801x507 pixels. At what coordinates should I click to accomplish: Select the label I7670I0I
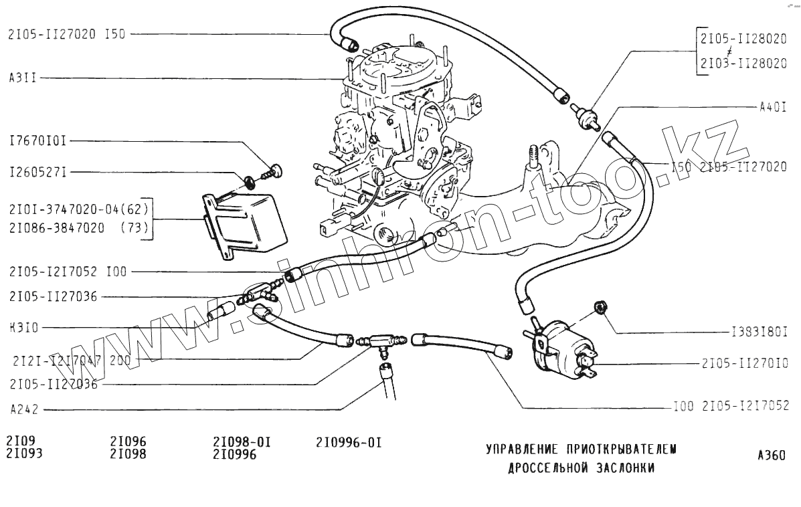pos(37,141)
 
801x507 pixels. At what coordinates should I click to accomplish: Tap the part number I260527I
pos(37,173)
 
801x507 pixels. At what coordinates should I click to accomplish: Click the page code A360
pos(771,456)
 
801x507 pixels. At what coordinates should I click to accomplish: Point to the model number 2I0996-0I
pos(348,442)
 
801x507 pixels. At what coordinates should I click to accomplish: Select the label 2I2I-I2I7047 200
pos(71,360)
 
